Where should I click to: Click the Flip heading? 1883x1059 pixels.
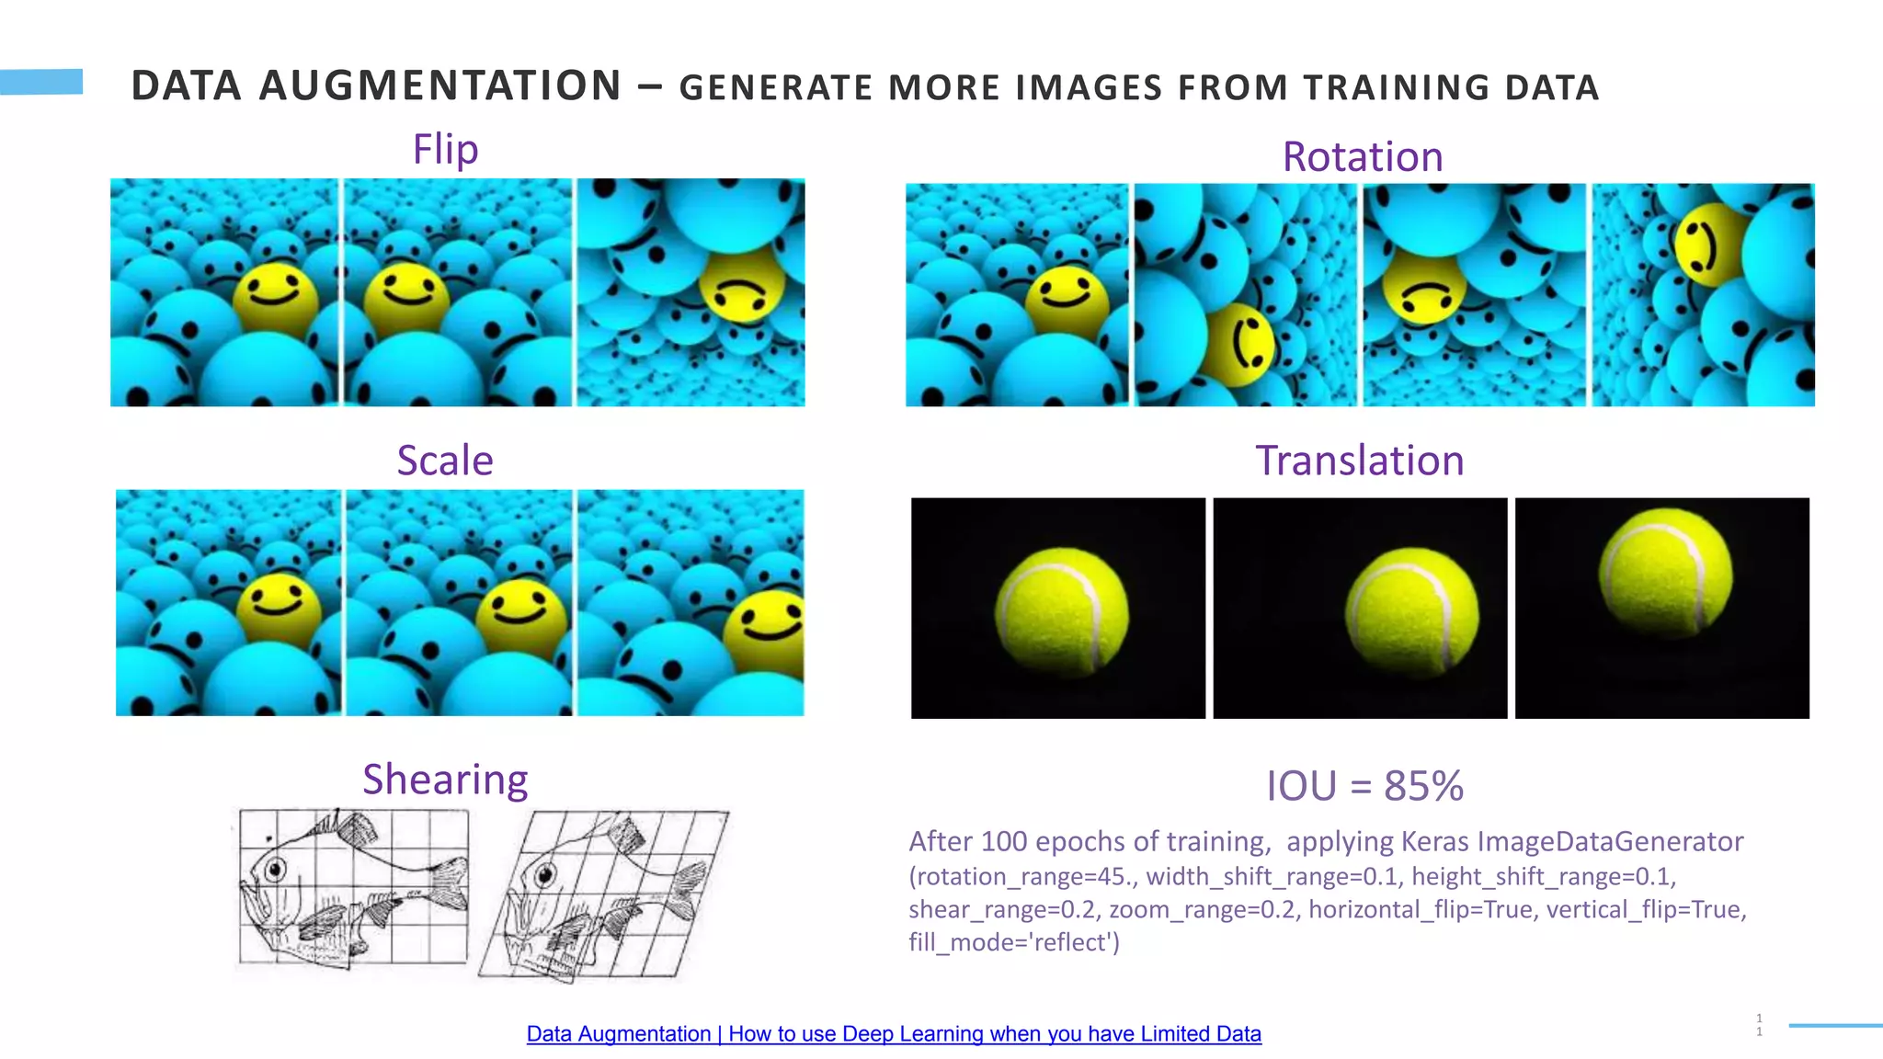[x=445, y=150]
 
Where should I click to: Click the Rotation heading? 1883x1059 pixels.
[x=1362, y=157]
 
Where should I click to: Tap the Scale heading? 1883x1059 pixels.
[x=445, y=461]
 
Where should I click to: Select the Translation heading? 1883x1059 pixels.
[x=1359, y=461]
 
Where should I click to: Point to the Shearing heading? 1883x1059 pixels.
[x=445, y=780]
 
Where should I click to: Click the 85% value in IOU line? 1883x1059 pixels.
[x=1423, y=786]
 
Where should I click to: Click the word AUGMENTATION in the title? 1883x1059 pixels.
[x=440, y=86]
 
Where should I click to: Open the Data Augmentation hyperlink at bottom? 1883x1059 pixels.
[x=893, y=1034]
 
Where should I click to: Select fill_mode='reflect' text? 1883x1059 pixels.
[x=1014, y=943]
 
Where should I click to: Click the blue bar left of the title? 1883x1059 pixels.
[x=41, y=82]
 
